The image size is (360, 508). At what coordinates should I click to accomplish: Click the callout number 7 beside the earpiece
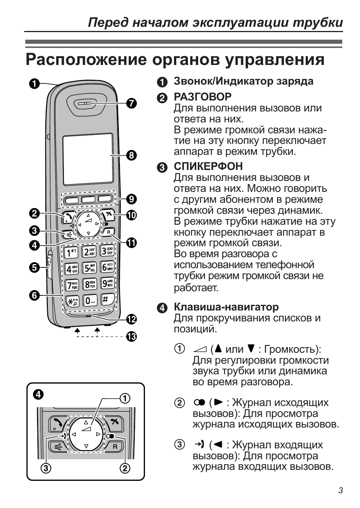coord(131,103)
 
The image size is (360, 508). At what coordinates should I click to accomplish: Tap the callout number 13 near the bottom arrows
coord(131,336)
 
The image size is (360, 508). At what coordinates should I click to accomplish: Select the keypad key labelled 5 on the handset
coord(89,268)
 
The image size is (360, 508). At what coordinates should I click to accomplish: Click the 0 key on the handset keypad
coord(90,300)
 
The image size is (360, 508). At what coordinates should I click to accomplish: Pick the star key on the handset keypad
coord(71,301)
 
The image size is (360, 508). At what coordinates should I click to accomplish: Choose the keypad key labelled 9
coord(108,283)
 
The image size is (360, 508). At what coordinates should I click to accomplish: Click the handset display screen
coord(88,159)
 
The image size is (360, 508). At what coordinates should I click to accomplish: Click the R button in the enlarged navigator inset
coord(115,446)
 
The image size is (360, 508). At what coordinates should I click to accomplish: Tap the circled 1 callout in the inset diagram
coord(125,398)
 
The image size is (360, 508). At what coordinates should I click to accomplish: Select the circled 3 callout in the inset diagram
coord(46,469)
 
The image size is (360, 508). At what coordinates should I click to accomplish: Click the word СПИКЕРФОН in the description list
coord(208,167)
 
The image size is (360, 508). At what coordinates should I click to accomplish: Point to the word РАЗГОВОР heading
coord(202,97)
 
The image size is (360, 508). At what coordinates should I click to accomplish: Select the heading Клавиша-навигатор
coord(226,307)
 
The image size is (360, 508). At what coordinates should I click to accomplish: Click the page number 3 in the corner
coord(340,491)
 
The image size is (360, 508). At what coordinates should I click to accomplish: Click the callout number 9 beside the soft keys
coord(131,199)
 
